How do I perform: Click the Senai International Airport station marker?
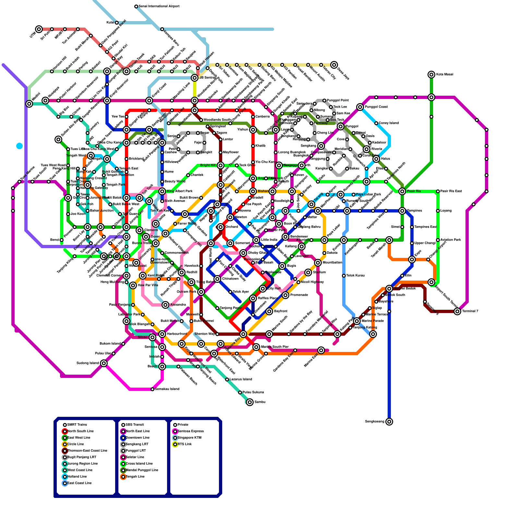(x=136, y=6)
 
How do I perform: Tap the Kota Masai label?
(x=445, y=75)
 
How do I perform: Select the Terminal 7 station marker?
(x=457, y=311)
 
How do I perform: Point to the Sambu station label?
(x=260, y=402)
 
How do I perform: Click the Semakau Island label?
(x=167, y=389)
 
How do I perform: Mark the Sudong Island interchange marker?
(x=104, y=363)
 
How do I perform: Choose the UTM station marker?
(x=39, y=29)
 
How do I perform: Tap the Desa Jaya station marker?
(x=334, y=65)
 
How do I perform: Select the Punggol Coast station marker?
(x=360, y=107)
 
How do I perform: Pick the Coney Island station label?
(x=389, y=123)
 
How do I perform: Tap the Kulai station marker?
(x=117, y=23)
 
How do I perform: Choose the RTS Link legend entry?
(x=185, y=444)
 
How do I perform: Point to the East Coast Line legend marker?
(x=65, y=483)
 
